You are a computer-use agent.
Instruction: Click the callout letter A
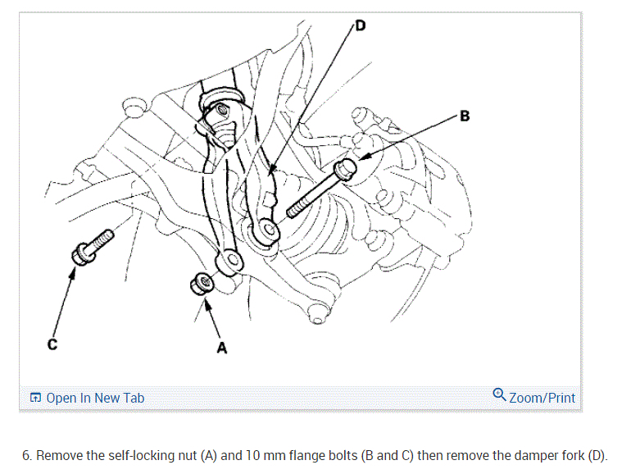point(221,349)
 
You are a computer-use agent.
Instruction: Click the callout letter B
point(465,116)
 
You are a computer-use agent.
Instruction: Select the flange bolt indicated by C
point(92,245)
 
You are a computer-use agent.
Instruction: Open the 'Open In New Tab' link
point(95,399)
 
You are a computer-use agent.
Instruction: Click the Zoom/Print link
point(542,398)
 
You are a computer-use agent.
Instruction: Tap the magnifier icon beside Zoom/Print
point(499,395)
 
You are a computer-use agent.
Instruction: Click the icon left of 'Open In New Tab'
point(35,399)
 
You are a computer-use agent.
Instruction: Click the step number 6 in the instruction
point(26,455)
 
